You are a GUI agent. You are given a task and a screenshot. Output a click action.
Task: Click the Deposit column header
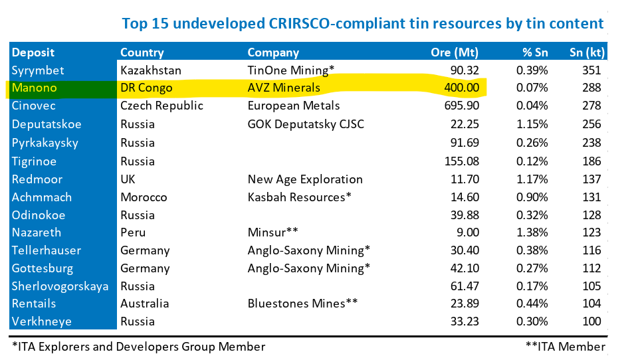tap(33, 52)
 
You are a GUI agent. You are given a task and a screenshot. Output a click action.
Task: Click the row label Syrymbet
tap(38, 70)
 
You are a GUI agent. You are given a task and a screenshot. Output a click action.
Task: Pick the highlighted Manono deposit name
tap(34, 88)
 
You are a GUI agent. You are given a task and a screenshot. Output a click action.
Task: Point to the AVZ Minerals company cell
tap(284, 88)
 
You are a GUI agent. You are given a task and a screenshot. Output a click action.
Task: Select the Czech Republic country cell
tap(161, 106)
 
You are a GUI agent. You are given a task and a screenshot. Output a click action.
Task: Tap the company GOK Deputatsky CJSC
tap(306, 124)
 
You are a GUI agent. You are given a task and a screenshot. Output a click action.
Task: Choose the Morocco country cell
tap(144, 197)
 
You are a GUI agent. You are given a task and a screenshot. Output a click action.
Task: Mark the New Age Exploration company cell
tap(305, 179)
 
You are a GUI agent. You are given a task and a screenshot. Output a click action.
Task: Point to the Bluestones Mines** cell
tap(303, 304)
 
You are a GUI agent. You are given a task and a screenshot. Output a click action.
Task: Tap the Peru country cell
tap(133, 232)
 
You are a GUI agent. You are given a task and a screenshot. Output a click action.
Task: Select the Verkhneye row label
tap(41, 321)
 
